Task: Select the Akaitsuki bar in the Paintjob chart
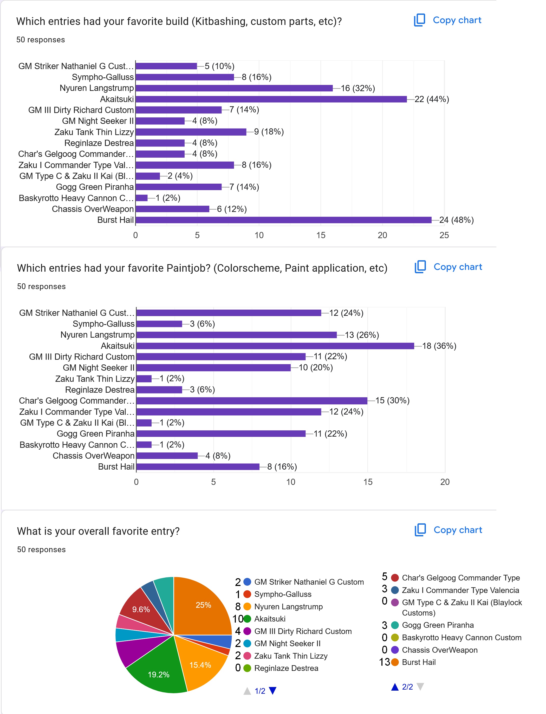[x=275, y=346]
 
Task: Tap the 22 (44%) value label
[x=432, y=99]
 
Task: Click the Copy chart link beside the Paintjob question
[x=457, y=267]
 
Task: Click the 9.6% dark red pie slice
[x=140, y=609]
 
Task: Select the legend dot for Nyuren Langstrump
[x=247, y=606]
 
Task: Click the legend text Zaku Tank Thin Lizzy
[x=291, y=656]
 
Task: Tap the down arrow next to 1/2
[x=273, y=691]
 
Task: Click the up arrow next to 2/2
[x=395, y=687]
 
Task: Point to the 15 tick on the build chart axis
[x=320, y=235]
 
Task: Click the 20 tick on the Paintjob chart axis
[x=445, y=482]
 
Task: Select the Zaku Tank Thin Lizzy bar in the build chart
[x=191, y=132]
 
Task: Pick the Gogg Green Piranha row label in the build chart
[x=95, y=187]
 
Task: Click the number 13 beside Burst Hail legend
[x=384, y=662]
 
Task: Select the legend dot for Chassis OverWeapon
[x=395, y=650]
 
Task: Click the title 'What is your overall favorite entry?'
[x=98, y=531]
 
